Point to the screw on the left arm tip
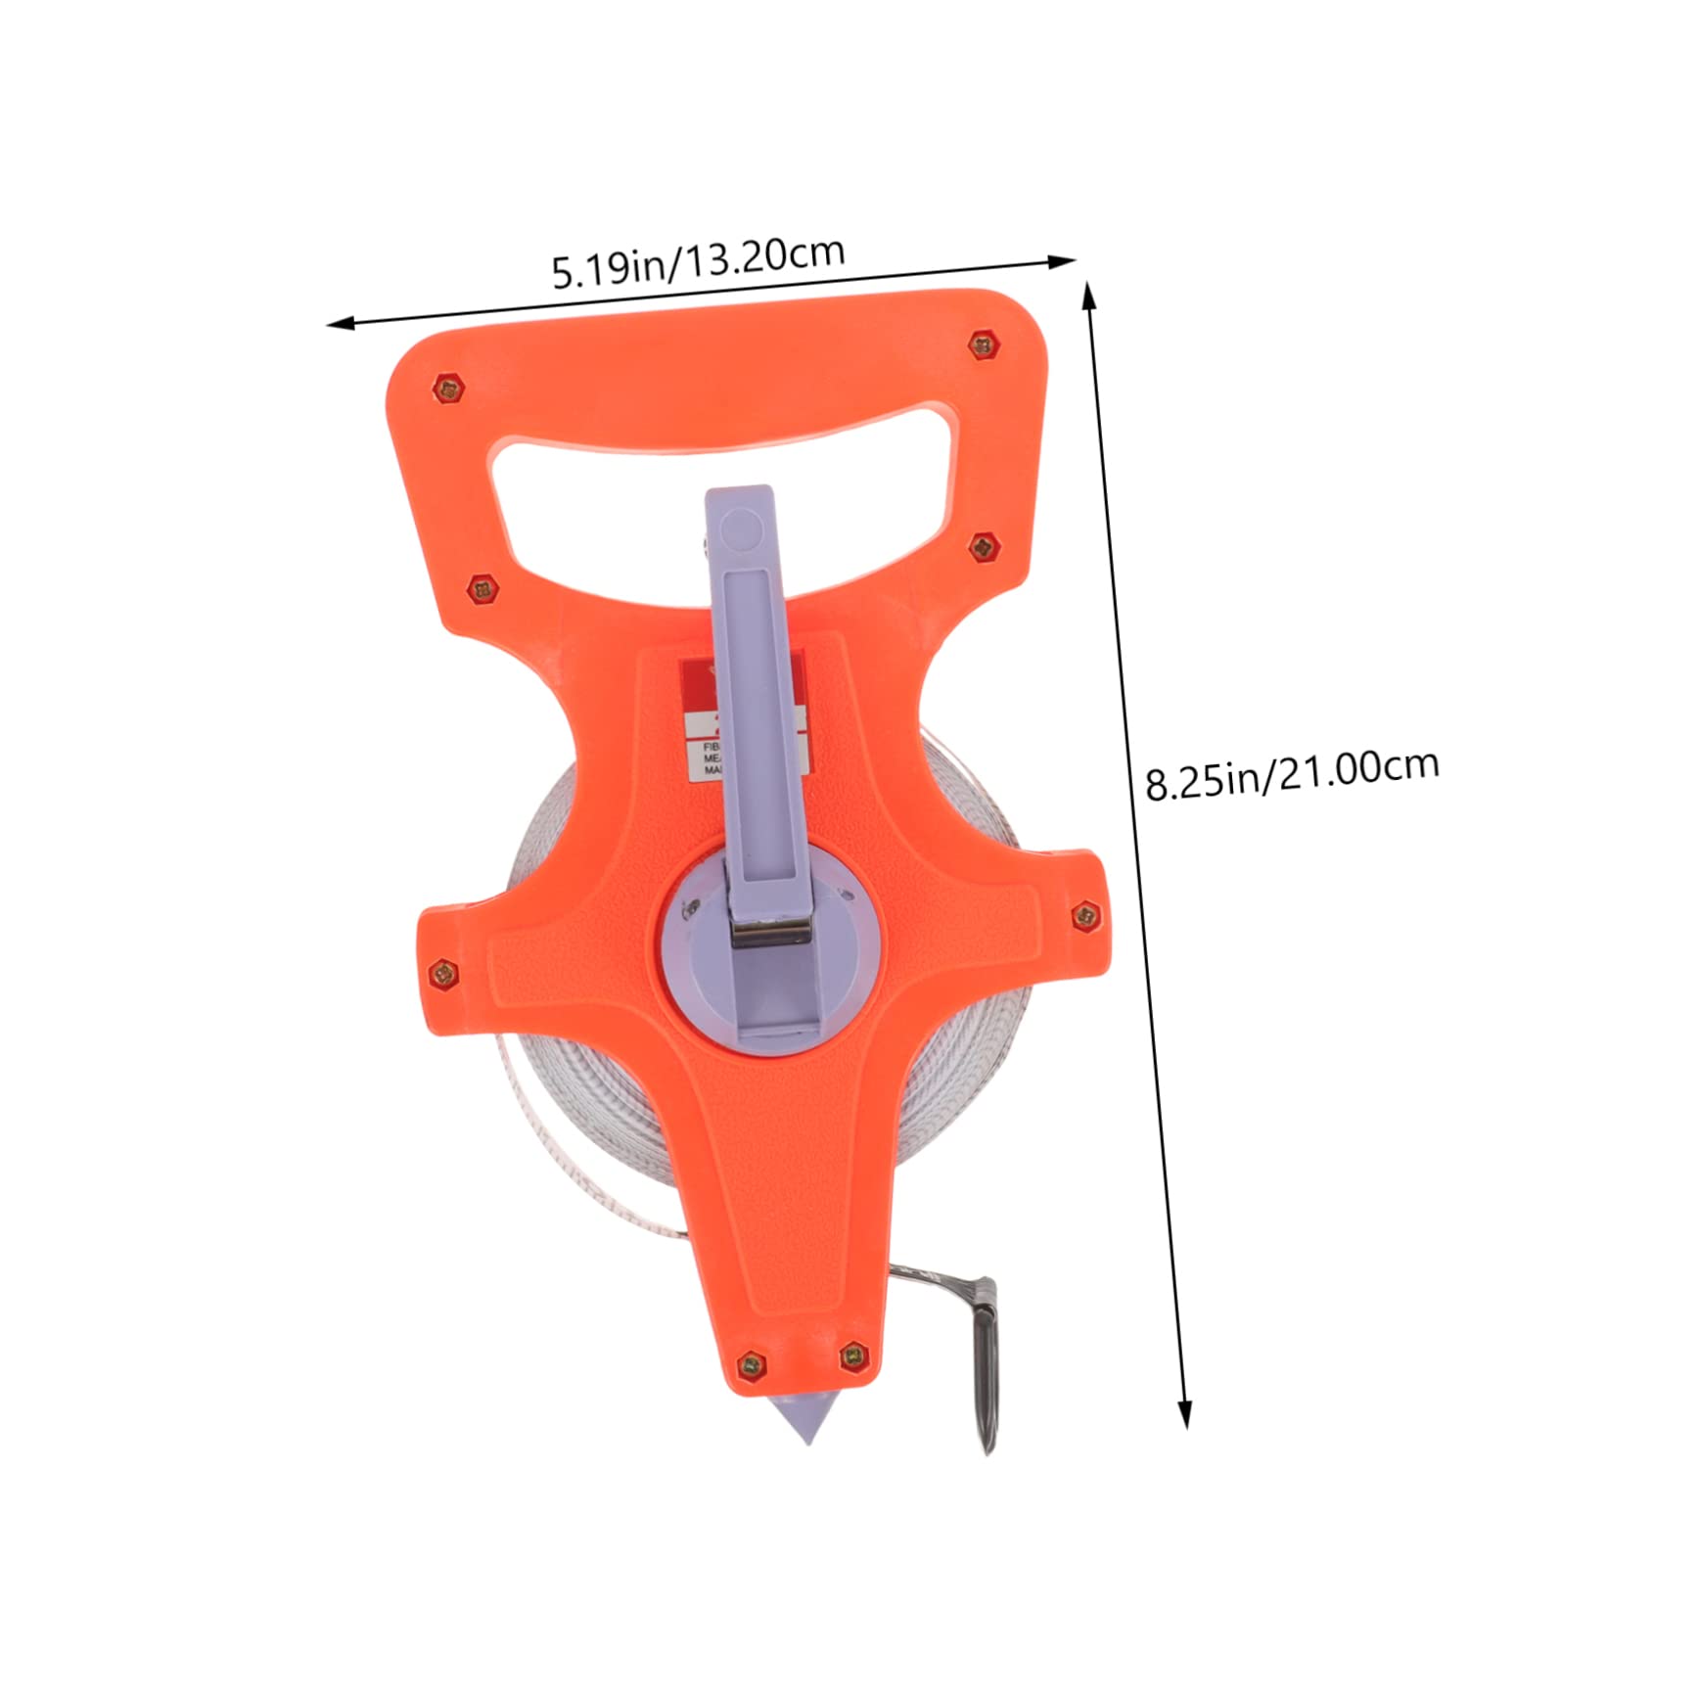coord(443,973)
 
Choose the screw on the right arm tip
coord(1085,916)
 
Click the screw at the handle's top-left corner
coord(448,390)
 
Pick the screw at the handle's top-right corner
coord(983,345)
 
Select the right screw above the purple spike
coord(854,1355)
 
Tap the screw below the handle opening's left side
coord(480,589)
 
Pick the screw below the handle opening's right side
coord(983,547)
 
